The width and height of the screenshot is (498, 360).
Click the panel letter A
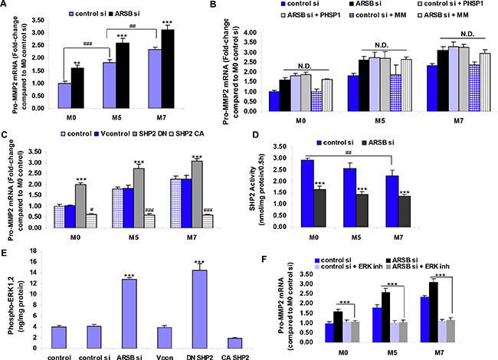click(6, 5)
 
